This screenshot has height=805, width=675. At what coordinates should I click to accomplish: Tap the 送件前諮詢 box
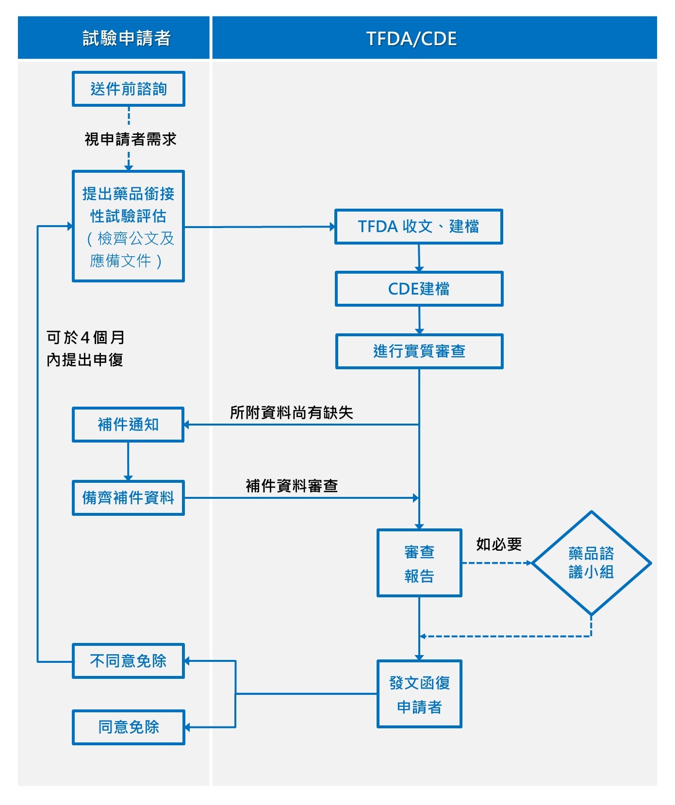click(x=129, y=89)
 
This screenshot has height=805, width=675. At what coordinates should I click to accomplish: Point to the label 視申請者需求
click(x=130, y=139)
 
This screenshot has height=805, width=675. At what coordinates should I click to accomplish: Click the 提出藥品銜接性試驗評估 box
click(x=129, y=226)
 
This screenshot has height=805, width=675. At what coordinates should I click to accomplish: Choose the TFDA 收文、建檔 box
click(x=418, y=226)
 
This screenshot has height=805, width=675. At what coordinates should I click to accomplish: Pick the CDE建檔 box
click(x=419, y=289)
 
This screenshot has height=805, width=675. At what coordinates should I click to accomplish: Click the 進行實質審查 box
click(x=419, y=351)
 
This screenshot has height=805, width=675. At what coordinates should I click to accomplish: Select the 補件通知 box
click(x=128, y=425)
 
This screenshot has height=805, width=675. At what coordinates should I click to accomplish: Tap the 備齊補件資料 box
click(x=128, y=498)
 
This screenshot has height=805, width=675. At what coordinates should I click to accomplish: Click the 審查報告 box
click(x=419, y=563)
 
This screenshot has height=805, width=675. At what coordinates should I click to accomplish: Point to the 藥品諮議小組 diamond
click(x=591, y=563)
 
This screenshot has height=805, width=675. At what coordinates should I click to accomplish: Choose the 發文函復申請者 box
click(x=419, y=694)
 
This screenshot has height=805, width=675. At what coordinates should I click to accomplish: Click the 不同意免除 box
click(x=128, y=661)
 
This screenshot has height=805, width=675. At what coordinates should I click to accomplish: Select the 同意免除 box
click(x=129, y=727)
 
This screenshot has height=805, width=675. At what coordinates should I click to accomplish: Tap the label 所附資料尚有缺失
click(x=291, y=412)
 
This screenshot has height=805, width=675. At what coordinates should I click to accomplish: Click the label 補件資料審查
click(x=291, y=486)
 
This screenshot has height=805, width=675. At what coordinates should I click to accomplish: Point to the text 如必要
click(x=498, y=544)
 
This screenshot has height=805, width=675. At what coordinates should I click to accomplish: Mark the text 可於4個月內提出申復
click(x=85, y=348)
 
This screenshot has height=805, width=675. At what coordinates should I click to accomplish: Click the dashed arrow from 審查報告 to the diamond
click(x=496, y=563)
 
